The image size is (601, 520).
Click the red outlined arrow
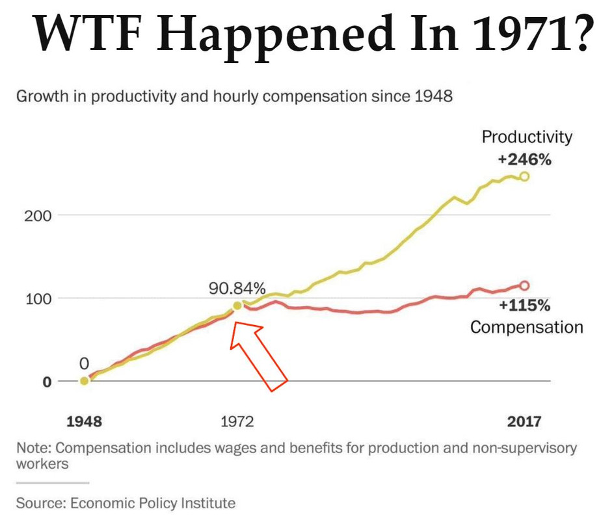pyautogui.click(x=260, y=357)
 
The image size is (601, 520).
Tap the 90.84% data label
pyautogui.click(x=237, y=287)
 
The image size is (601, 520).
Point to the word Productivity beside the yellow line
pyautogui.click(x=527, y=137)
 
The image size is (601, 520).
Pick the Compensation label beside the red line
pyautogui.click(x=526, y=326)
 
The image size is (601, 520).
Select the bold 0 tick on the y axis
pyautogui.click(x=46, y=382)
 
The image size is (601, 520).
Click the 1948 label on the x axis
pyautogui.click(x=85, y=421)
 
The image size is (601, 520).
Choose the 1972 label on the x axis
pyautogui.click(x=237, y=421)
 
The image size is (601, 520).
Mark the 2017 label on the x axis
pyautogui.click(x=524, y=421)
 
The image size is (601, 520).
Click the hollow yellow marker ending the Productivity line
pyautogui.click(x=524, y=176)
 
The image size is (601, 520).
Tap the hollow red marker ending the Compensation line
pyautogui.click(x=524, y=285)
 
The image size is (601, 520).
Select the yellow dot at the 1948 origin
pyautogui.click(x=84, y=381)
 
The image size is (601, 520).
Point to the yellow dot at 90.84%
pyautogui.click(x=237, y=305)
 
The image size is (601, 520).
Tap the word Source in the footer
pyautogui.click(x=40, y=502)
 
